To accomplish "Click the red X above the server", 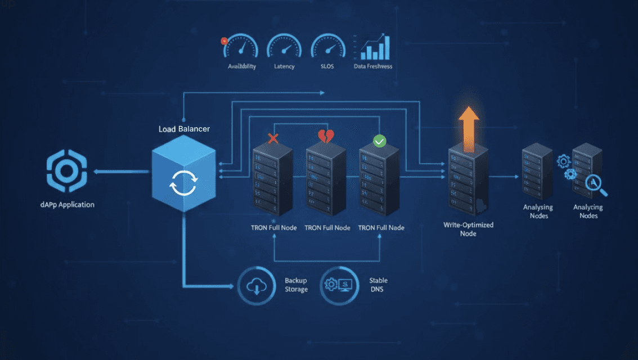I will click(273, 138).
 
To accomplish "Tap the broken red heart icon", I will click(326, 137).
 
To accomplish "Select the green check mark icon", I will click(380, 141).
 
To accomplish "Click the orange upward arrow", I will click(468, 128).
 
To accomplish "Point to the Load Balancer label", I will click(184, 129).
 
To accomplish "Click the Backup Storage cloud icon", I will click(256, 285).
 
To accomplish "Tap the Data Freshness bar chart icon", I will click(373, 47).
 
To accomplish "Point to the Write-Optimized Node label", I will click(468, 229).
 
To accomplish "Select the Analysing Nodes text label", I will click(538, 211).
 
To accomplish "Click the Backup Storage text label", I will click(296, 285).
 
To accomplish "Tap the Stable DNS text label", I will click(378, 285).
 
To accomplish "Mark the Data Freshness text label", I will click(373, 66).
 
